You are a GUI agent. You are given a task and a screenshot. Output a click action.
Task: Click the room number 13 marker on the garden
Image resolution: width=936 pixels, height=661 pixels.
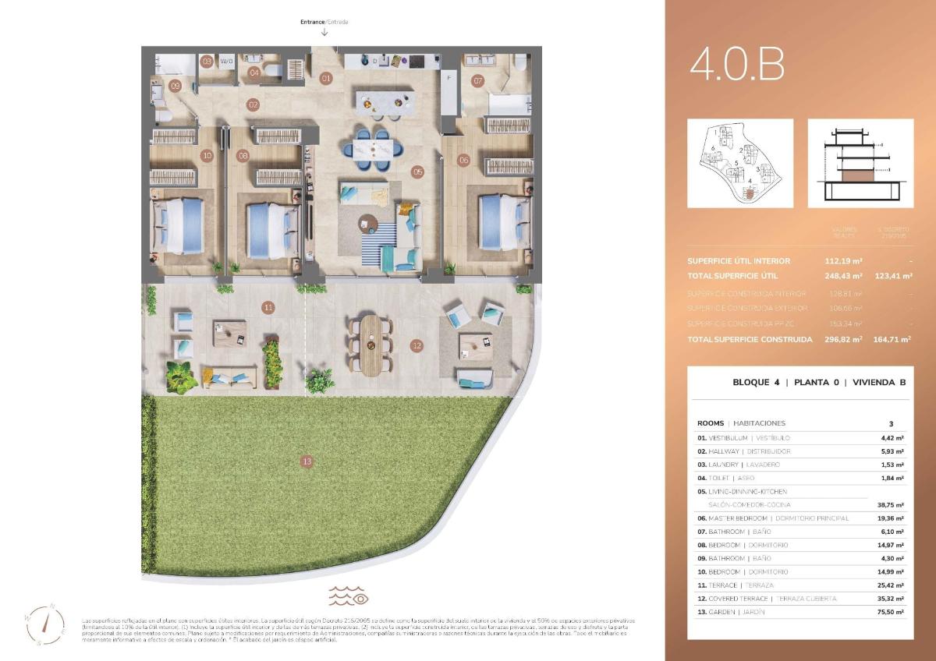pos(307,462)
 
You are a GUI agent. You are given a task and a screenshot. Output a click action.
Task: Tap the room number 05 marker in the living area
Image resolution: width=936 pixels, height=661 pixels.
pos(417,171)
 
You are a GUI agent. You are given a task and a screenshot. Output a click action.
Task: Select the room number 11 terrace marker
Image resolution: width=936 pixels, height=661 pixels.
pos(268,308)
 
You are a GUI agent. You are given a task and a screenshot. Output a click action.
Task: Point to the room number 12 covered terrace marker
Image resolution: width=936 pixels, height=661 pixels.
pos(417,345)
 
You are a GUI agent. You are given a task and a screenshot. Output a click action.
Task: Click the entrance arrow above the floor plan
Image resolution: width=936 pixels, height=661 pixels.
pos(324,32)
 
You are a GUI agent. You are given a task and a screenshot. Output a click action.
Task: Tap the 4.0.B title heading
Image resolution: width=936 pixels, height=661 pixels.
pos(737,65)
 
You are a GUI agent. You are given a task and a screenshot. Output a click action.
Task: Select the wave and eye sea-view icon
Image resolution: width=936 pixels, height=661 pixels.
pos(348,596)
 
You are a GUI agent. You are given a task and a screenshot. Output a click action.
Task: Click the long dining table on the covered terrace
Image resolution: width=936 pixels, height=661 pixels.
pos(372,345)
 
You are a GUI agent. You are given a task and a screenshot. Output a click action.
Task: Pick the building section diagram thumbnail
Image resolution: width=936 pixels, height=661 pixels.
pos(860,163)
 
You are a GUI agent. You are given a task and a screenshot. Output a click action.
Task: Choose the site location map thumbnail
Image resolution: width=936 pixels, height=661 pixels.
pos(739,163)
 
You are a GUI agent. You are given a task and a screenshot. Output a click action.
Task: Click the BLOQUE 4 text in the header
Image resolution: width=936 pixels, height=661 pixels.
pos(756,383)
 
